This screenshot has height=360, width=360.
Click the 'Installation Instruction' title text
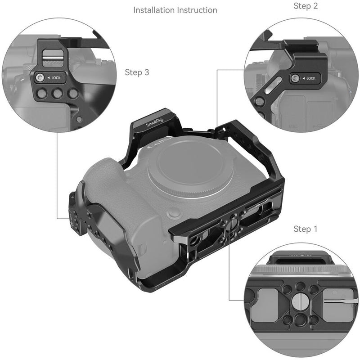[x=175, y=10]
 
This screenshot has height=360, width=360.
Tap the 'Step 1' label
[x=306, y=229]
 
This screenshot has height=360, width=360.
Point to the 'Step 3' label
[x=137, y=72]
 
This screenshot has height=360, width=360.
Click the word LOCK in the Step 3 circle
[x=56, y=78]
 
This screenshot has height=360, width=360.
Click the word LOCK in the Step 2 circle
[x=311, y=79]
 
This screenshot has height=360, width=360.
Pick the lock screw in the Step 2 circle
[x=295, y=79]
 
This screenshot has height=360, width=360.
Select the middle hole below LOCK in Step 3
[x=57, y=94]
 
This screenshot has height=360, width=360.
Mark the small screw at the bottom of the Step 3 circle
[x=79, y=120]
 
